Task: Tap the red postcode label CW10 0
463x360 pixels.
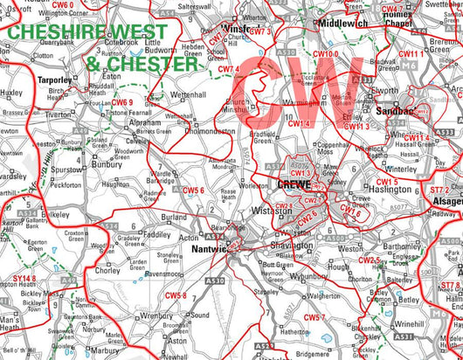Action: [325, 54]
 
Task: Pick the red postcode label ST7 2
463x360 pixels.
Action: [441, 190]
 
